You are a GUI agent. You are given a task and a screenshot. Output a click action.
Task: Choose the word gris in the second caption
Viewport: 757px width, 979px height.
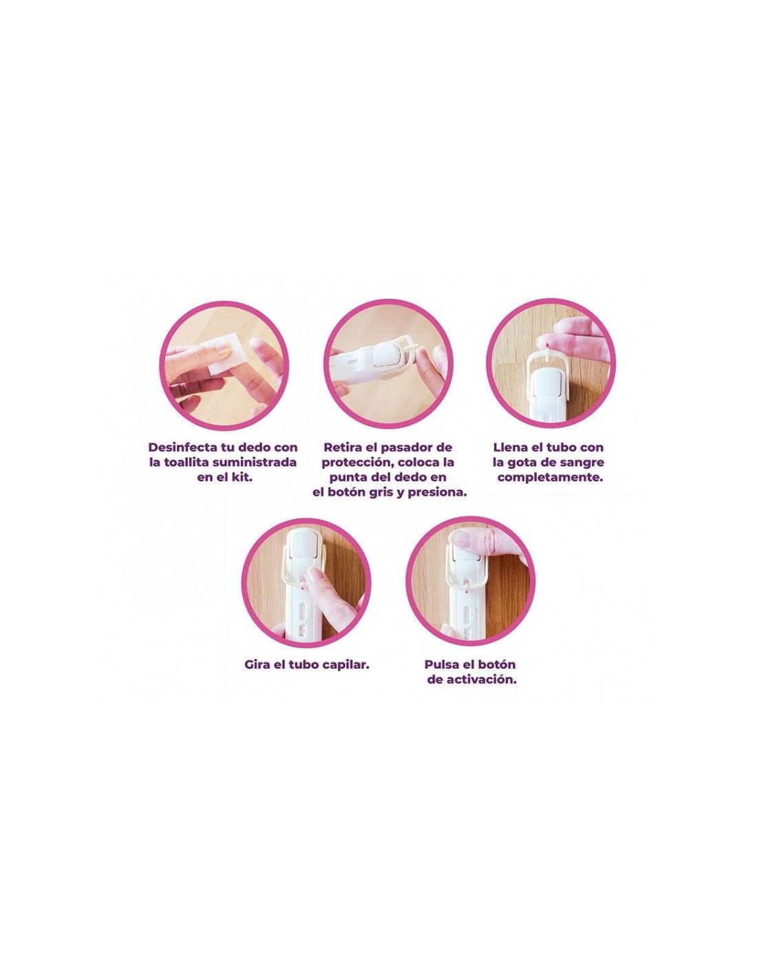(x=397, y=493)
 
